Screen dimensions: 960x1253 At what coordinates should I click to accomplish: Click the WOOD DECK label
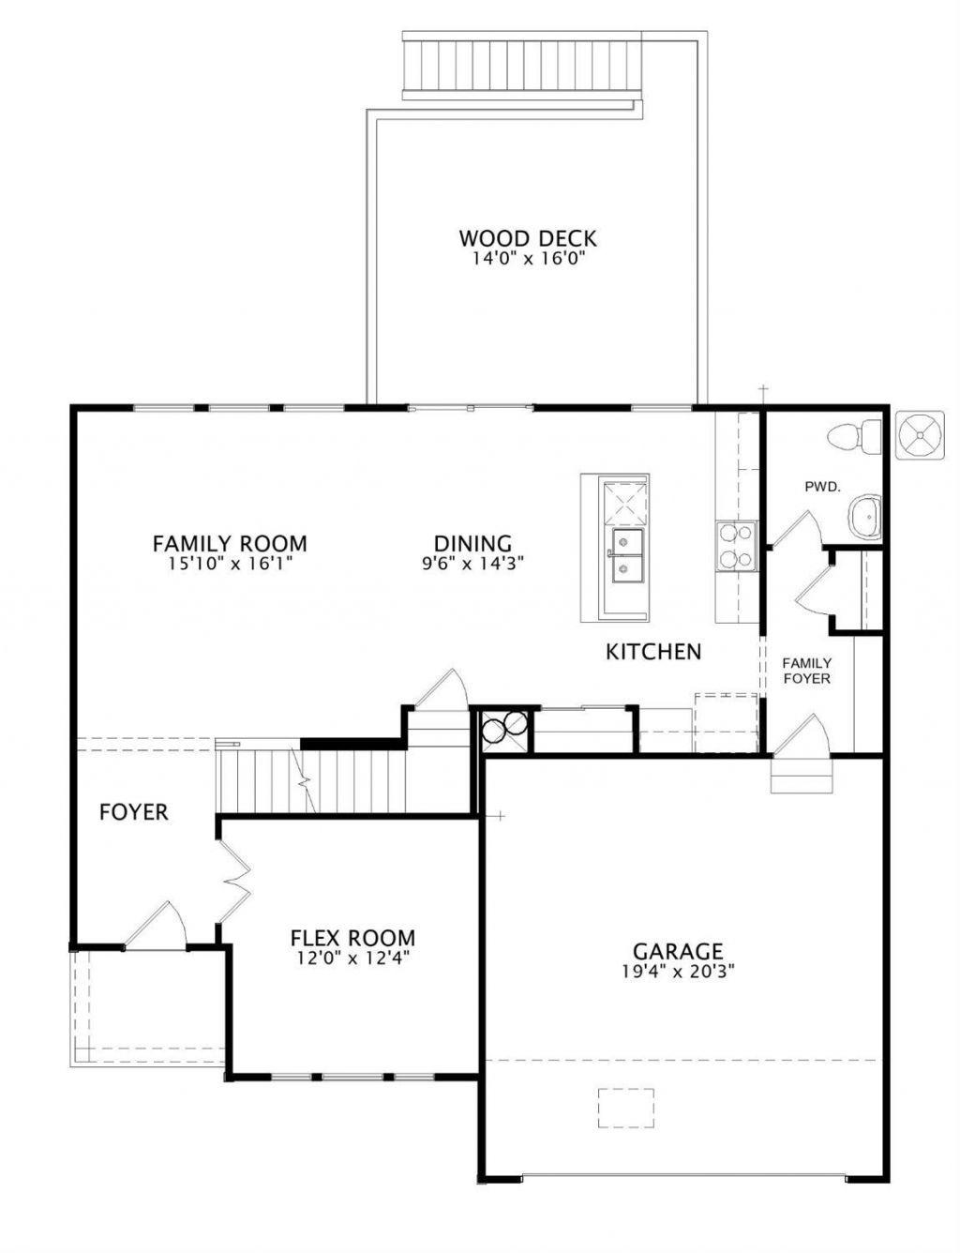tap(527, 237)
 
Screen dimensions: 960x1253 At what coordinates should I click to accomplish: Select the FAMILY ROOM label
tap(230, 543)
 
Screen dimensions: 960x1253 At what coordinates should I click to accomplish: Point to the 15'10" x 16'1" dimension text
tap(231, 564)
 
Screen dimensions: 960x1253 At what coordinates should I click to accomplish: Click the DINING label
tap(472, 543)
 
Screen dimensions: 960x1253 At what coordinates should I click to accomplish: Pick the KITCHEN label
tap(653, 652)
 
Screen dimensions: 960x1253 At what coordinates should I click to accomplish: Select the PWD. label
tap(822, 487)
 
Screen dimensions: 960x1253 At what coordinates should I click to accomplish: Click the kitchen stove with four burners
tap(736, 546)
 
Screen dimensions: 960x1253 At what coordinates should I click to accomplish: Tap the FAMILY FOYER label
tap(806, 671)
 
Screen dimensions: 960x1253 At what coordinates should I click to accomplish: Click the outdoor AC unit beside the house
tap(920, 435)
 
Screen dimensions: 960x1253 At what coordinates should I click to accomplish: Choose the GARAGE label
tap(678, 950)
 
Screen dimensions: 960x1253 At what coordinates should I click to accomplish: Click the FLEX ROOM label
tap(352, 938)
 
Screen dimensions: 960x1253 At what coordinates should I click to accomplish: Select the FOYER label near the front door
tap(134, 812)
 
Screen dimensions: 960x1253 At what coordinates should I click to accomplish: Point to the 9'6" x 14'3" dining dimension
tap(472, 564)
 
